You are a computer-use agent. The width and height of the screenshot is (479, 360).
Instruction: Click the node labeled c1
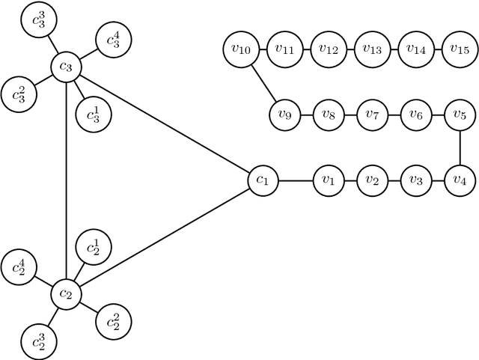click(263, 180)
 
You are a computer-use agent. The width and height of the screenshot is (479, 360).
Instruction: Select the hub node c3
click(67, 68)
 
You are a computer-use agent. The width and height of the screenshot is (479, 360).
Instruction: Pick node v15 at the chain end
click(459, 49)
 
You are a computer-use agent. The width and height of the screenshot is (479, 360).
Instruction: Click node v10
click(241, 49)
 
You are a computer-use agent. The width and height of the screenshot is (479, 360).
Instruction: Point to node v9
click(284, 115)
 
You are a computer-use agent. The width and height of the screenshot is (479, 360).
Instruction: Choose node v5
click(459, 115)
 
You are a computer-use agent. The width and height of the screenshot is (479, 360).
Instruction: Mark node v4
click(459, 180)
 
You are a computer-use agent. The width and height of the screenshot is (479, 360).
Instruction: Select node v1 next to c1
click(328, 180)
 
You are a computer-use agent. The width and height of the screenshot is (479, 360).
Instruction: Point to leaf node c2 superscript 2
click(113, 321)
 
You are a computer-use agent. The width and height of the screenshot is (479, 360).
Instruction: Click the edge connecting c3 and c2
click(67, 180)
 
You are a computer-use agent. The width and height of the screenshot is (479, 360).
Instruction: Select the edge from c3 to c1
click(165, 124)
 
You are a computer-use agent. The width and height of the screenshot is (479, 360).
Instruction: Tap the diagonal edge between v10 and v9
click(263, 82)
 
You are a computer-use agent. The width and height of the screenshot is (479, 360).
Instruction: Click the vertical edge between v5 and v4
click(459, 147)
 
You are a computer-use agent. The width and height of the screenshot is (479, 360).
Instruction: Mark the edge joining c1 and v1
click(296, 180)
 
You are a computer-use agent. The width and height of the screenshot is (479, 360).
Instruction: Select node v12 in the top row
click(328, 49)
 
